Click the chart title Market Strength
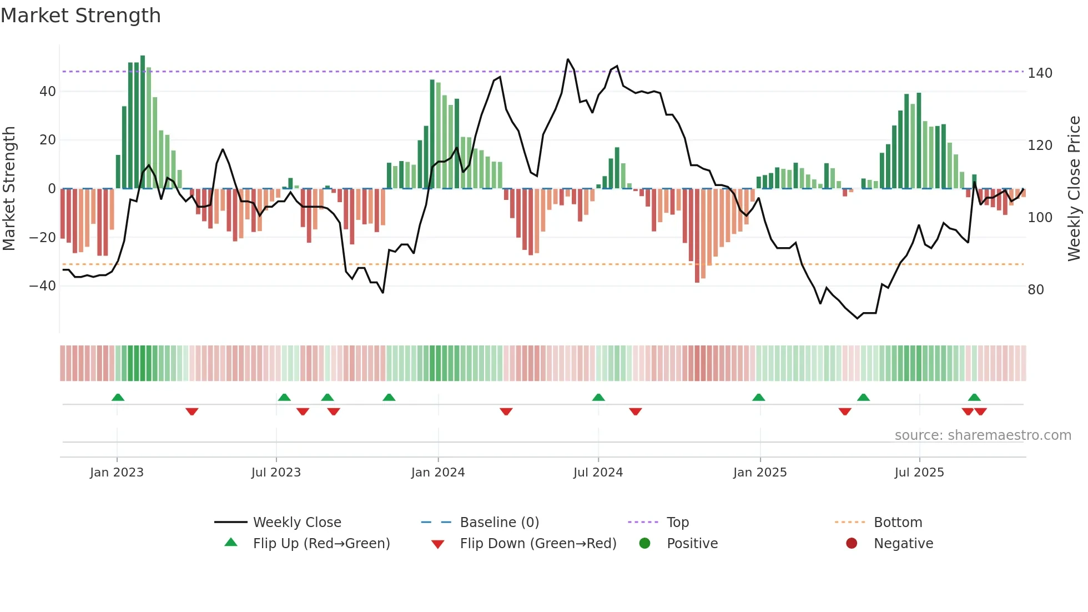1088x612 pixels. coord(80,16)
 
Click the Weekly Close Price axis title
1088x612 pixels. coord(1074,188)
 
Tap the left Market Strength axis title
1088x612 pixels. coord(9,188)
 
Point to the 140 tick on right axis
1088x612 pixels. coord(1040,73)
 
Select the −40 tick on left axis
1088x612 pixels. coord(43,286)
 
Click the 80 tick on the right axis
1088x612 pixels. coord(1036,290)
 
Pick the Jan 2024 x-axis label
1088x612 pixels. coord(438,473)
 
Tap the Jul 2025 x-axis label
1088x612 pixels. coord(919,473)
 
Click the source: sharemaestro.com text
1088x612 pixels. coord(983,435)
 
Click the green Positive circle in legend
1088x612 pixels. coord(644,544)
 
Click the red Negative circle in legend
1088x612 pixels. coord(852,544)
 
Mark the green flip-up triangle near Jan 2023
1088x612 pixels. coord(118,397)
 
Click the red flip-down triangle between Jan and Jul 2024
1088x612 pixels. coord(506,412)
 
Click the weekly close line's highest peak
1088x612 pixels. coord(568,59)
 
